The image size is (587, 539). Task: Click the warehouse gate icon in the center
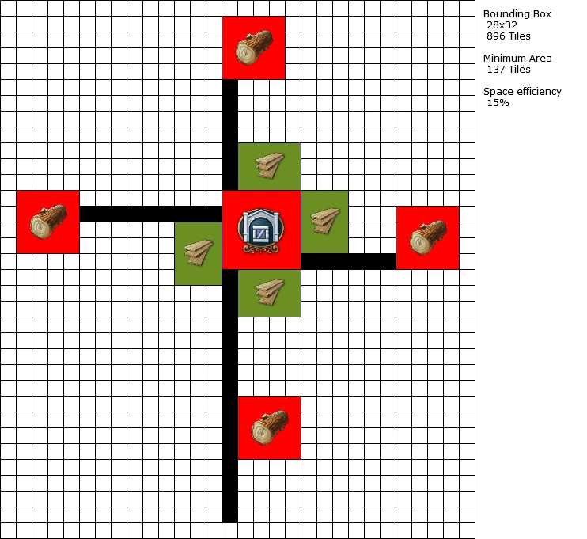coord(260,230)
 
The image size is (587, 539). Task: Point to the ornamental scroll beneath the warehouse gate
coord(260,249)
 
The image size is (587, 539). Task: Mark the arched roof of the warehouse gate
coord(260,214)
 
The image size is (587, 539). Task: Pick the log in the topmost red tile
coord(253,47)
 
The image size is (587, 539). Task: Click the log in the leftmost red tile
coord(47,222)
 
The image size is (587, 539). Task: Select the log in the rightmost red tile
coord(428,237)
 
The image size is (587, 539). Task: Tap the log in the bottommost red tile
coord(270,427)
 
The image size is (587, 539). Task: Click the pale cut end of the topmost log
coord(246,53)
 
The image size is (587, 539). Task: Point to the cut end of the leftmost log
coord(40,227)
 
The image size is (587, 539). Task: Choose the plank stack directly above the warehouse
coord(270,166)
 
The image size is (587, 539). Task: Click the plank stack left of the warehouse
coord(198,253)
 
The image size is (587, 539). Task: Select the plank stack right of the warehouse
coord(324,221)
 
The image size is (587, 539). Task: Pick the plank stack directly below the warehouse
coord(270,292)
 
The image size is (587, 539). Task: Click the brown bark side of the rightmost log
coord(437,231)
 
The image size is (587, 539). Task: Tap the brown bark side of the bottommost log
coord(278,421)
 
